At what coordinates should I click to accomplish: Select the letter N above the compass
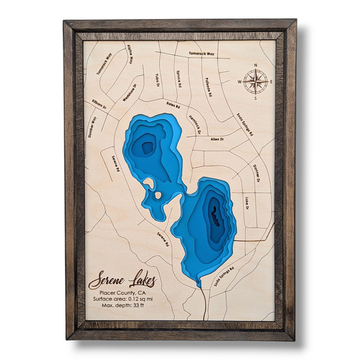tap(255, 66)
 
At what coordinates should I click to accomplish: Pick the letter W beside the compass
tap(240, 82)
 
